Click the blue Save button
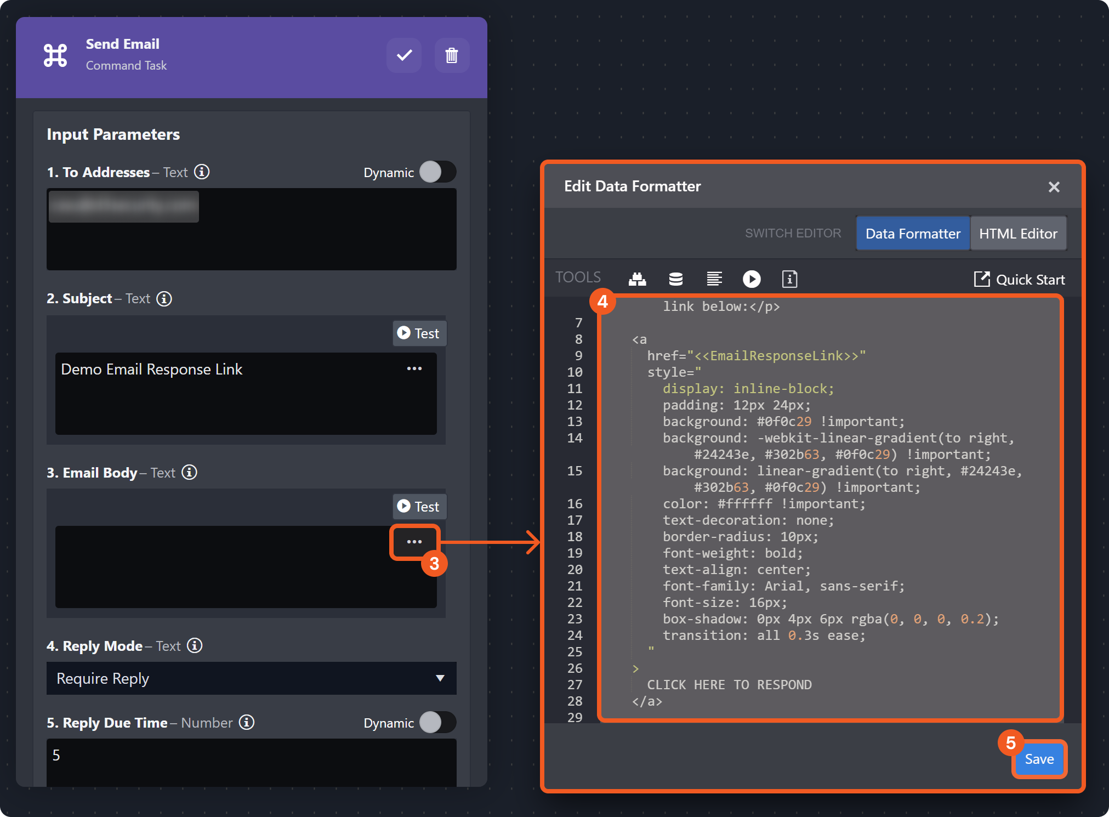tap(1039, 759)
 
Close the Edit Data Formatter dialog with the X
tap(1054, 187)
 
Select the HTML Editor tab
tap(1018, 234)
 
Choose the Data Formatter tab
tap(913, 234)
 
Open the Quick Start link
tap(1020, 280)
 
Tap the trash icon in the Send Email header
tap(452, 55)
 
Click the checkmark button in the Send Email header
tap(404, 55)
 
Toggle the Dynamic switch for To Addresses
tap(437, 172)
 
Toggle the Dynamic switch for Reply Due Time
tap(437, 723)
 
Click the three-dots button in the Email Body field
tap(414, 542)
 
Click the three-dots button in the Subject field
tap(414, 368)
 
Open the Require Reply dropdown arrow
tap(440, 678)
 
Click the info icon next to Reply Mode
tap(195, 646)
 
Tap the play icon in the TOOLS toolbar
tap(752, 279)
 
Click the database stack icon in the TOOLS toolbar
tap(676, 279)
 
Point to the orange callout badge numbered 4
tap(602, 302)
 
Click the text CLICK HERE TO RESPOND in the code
tap(729, 685)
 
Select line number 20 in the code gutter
tap(575, 570)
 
